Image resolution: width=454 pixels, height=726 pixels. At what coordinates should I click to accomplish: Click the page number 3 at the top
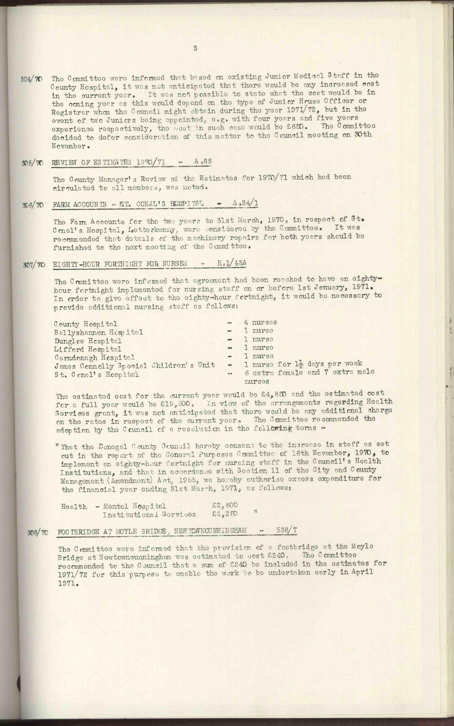click(x=196, y=48)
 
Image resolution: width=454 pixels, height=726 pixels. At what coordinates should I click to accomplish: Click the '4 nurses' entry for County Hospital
click(x=260, y=323)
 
